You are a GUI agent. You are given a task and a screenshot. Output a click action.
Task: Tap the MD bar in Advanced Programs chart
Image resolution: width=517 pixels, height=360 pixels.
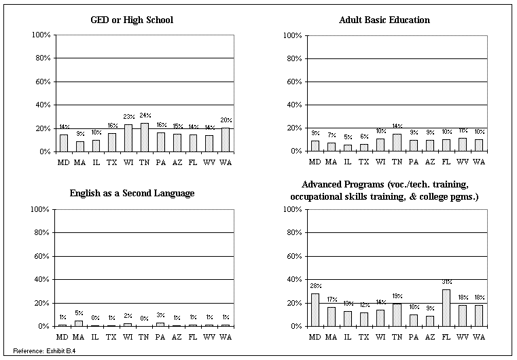[x=315, y=310]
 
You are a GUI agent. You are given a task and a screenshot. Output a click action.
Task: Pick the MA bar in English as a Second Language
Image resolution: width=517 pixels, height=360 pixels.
[x=79, y=323]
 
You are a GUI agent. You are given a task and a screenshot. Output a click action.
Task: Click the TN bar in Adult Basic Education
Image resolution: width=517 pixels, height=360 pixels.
[x=397, y=143]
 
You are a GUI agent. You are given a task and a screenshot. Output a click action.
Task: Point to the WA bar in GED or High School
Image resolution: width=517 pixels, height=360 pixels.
[x=226, y=139]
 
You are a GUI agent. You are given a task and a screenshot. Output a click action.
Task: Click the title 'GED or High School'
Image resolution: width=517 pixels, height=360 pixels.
[x=132, y=20]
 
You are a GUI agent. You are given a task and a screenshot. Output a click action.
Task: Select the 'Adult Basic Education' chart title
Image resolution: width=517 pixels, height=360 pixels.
[x=385, y=20]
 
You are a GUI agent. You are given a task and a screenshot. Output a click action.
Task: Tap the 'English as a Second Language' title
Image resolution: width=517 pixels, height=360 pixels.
[x=132, y=194]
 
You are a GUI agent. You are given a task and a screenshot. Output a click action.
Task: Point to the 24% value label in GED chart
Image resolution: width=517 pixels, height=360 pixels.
[x=145, y=116]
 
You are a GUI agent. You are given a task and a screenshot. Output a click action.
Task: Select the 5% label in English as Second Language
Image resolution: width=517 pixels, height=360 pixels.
[x=79, y=313]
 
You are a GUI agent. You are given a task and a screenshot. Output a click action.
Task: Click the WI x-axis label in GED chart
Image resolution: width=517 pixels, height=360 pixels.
[x=128, y=162]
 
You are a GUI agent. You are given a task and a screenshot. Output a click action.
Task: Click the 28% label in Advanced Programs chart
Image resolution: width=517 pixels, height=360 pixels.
[x=315, y=286]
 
